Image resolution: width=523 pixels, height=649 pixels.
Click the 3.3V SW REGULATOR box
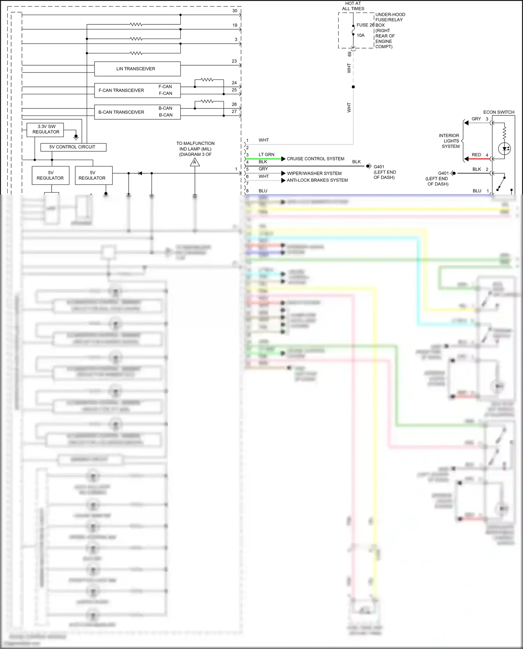tap(46, 129)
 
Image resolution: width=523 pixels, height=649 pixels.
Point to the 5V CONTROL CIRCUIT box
tap(73, 147)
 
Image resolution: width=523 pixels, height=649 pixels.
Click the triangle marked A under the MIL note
tap(195, 163)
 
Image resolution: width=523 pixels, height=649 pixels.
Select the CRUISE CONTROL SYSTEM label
tap(316, 159)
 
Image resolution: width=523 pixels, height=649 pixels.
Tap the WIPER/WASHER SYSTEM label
tap(314, 173)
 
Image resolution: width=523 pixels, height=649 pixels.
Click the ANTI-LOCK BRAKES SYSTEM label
tap(317, 180)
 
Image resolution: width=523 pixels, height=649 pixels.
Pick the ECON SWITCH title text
tap(499, 112)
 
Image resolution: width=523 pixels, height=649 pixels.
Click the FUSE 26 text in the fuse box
tap(365, 25)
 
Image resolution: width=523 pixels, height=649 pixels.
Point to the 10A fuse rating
tap(361, 35)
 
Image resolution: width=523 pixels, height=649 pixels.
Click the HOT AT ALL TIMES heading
tap(353, 6)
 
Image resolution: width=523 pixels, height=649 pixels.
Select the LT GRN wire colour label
tap(266, 154)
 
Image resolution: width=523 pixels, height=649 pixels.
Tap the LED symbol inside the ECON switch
tap(504, 149)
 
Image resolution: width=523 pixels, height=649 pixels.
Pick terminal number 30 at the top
tap(235, 11)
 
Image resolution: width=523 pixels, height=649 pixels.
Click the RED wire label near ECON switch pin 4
tap(476, 155)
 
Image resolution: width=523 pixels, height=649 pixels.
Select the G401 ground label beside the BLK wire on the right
tap(443, 173)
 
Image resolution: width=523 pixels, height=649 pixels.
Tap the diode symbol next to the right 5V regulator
tap(140, 173)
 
